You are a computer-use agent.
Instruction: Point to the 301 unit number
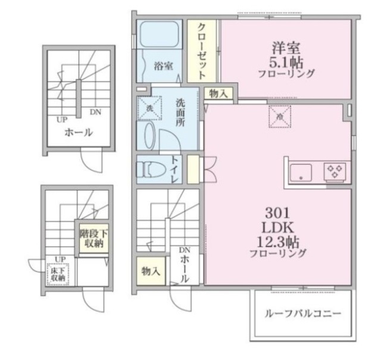click(x=277, y=212)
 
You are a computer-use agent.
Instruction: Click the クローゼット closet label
click(x=202, y=51)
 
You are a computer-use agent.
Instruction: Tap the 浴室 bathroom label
click(x=163, y=65)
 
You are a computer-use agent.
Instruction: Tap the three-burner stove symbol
click(x=334, y=172)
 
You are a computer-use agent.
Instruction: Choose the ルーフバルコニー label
click(x=303, y=313)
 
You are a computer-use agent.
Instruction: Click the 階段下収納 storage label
click(x=92, y=237)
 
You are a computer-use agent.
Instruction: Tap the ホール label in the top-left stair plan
click(x=78, y=132)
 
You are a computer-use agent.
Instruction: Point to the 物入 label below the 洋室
click(x=218, y=93)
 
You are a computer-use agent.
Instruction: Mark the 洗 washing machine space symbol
click(x=148, y=108)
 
